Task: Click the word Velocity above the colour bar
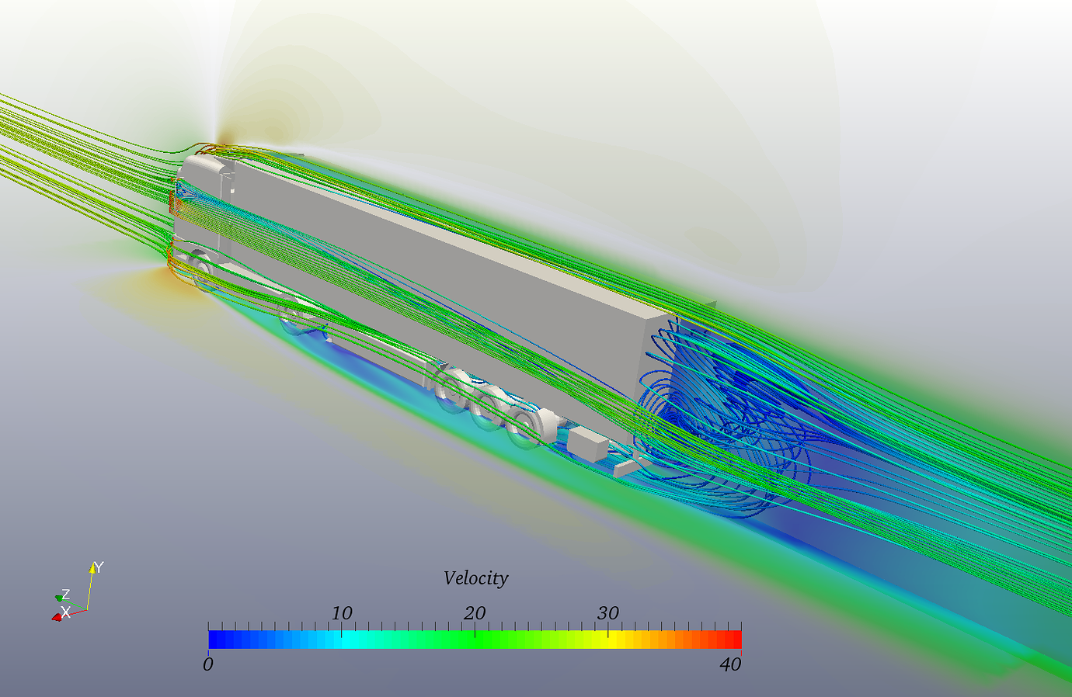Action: [475, 578]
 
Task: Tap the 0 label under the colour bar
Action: [207, 664]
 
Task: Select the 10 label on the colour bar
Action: [342, 613]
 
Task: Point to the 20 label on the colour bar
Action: [475, 613]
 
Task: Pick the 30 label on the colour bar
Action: [608, 613]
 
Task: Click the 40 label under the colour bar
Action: [730, 664]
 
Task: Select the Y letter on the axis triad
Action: [99, 567]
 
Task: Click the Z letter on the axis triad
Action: [65, 595]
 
